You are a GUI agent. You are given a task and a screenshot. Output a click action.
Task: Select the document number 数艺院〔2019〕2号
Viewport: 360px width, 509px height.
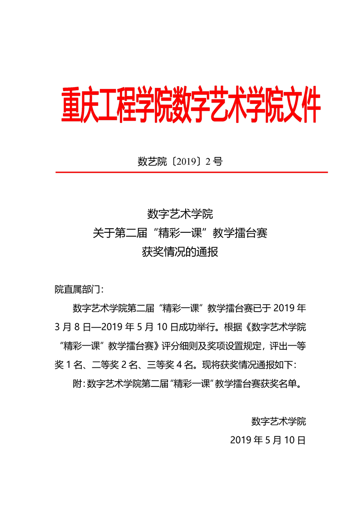pyautogui.click(x=180, y=162)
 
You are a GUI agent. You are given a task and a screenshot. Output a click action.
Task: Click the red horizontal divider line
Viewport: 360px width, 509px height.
pyautogui.click(x=191, y=172)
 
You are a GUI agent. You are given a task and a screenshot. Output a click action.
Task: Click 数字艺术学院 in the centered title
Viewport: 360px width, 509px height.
pyautogui.click(x=180, y=213)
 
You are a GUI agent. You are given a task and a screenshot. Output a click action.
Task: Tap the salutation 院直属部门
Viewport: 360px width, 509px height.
pyautogui.click(x=79, y=289)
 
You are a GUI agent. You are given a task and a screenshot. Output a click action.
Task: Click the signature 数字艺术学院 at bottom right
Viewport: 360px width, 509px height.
pyautogui.click(x=278, y=421)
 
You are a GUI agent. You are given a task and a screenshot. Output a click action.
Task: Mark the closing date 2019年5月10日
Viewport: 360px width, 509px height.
pyautogui.click(x=268, y=440)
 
